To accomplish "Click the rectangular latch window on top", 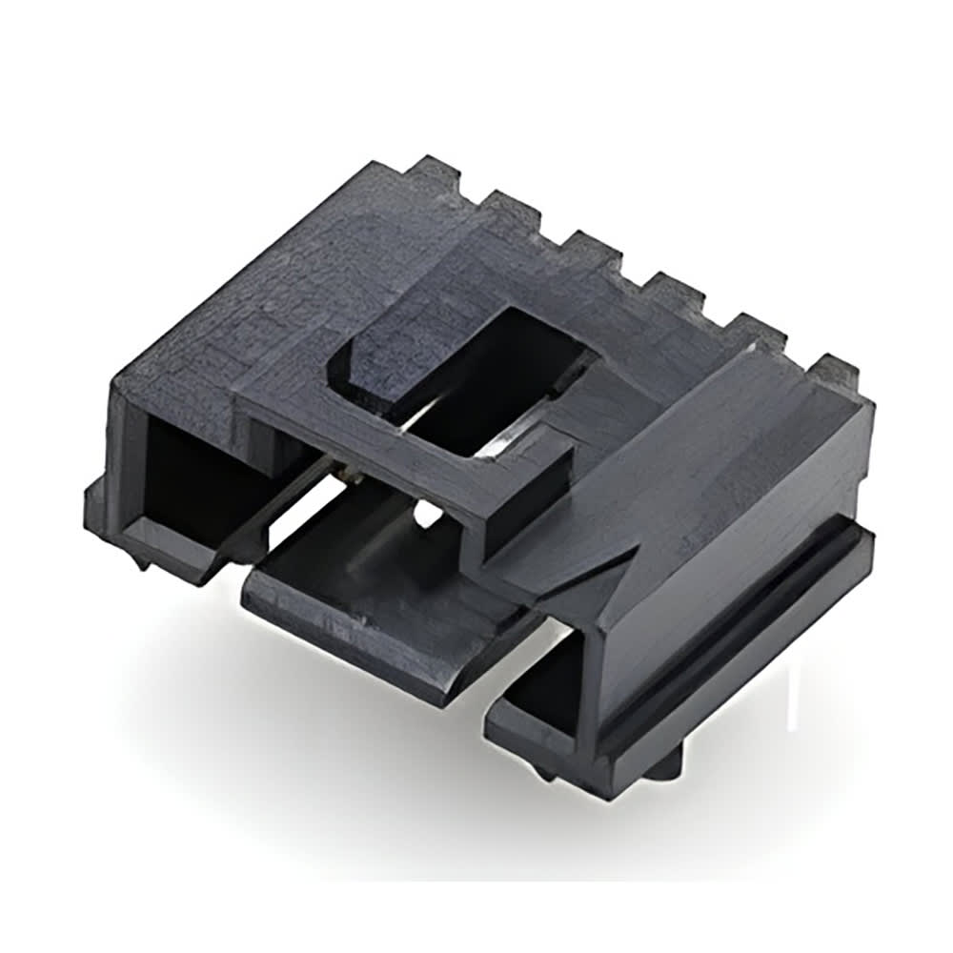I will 467,381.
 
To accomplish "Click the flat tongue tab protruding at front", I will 381,610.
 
